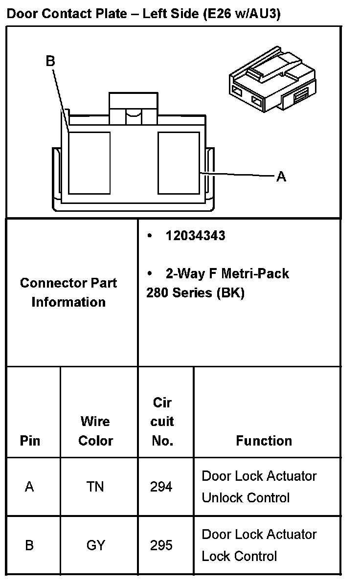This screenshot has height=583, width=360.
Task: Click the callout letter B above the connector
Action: [50, 61]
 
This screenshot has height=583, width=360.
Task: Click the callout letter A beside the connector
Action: [281, 177]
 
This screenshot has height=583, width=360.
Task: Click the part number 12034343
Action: [195, 236]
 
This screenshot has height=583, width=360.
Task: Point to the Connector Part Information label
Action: [68, 292]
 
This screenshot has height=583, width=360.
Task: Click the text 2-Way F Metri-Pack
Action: [227, 273]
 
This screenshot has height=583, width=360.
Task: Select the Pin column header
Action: [30, 441]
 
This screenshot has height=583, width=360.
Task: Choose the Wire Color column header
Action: [95, 431]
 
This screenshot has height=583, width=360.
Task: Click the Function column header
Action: [264, 441]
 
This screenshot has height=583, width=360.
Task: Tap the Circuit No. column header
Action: [163, 422]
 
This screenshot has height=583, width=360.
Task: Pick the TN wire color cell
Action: [95, 487]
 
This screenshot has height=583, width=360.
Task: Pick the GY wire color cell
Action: [95, 545]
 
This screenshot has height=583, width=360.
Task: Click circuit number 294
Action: [161, 487]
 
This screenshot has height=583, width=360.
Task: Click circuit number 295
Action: [161, 545]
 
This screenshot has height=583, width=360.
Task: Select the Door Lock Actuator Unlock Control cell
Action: [259, 487]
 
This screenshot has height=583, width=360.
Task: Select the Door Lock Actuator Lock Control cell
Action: [259, 545]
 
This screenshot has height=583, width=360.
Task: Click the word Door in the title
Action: [22, 14]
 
